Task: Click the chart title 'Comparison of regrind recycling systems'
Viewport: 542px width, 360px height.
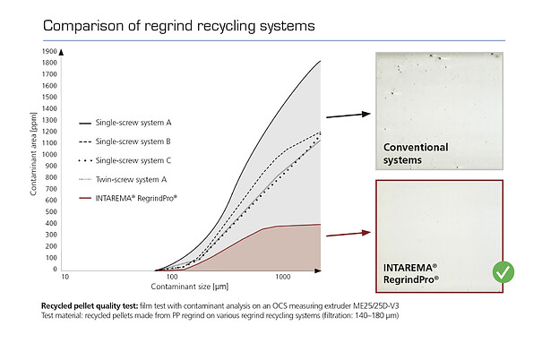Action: coord(179,25)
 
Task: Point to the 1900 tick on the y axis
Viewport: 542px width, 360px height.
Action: coord(50,51)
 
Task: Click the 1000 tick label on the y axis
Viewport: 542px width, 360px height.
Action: coord(50,154)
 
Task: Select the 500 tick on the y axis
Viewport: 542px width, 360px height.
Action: coord(52,211)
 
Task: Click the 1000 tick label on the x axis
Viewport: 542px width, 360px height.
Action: coord(284,279)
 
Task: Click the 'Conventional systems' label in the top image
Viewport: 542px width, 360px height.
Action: coord(415,153)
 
